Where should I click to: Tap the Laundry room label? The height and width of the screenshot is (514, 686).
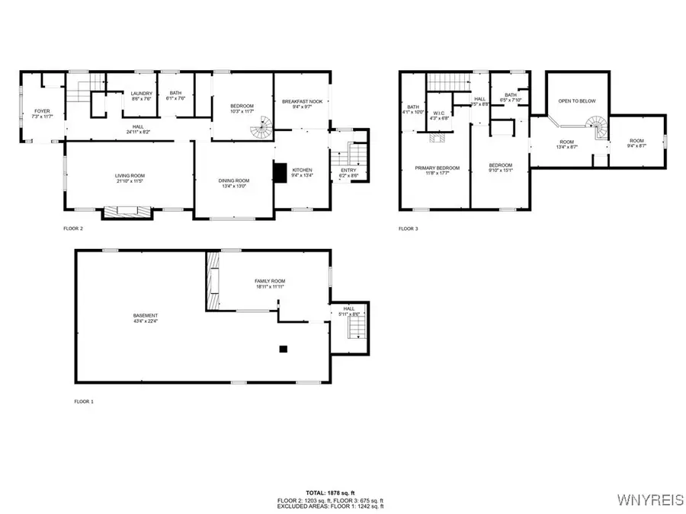141,94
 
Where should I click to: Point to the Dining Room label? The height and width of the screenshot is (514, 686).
234,180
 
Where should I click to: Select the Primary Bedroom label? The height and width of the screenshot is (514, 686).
437,168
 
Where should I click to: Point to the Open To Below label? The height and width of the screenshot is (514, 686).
576,101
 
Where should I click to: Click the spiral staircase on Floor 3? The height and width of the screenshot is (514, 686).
596,126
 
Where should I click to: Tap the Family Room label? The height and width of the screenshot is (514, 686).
269,282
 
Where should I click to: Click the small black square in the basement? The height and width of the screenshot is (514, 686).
283,349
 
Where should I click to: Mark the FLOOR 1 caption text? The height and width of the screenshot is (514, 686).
84,401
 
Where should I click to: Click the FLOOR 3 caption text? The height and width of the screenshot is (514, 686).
408,228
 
